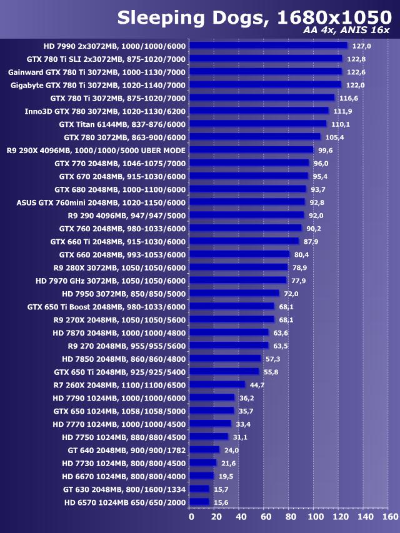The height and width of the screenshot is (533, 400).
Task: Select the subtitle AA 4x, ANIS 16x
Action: [x=346, y=30]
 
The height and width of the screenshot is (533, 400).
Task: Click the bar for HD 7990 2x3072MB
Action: [x=267, y=46]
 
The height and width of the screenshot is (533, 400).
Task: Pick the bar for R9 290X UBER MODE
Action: [x=251, y=150]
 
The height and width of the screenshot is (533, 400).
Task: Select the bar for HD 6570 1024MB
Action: [x=199, y=502]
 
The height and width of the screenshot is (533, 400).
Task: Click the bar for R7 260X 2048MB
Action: [x=217, y=384]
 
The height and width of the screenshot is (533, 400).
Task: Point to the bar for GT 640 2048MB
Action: [x=204, y=450]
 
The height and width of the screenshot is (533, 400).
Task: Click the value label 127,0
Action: [x=362, y=46]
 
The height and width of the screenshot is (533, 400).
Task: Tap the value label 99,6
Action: [x=326, y=150]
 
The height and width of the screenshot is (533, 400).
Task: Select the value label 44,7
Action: [x=257, y=385]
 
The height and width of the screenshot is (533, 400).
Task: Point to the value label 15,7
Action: [x=221, y=489]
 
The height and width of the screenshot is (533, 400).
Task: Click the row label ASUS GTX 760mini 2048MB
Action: [x=101, y=202]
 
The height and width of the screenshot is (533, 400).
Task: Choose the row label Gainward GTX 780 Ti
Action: [x=97, y=72]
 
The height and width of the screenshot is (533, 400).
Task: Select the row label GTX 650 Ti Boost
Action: [x=106, y=307]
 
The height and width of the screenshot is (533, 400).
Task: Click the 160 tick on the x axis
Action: [x=389, y=517]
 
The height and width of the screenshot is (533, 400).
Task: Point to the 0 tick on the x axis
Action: [x=191, y=517]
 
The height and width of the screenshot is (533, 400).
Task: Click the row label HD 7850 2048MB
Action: [x=124, y=359]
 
